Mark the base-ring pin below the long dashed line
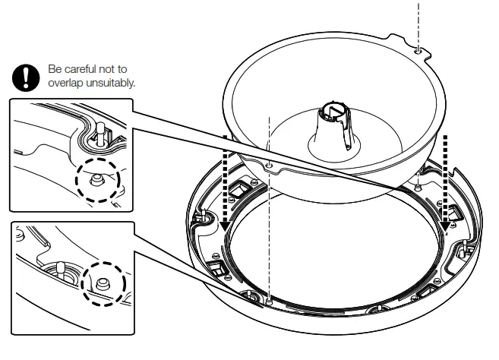click(x=270, y=302)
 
